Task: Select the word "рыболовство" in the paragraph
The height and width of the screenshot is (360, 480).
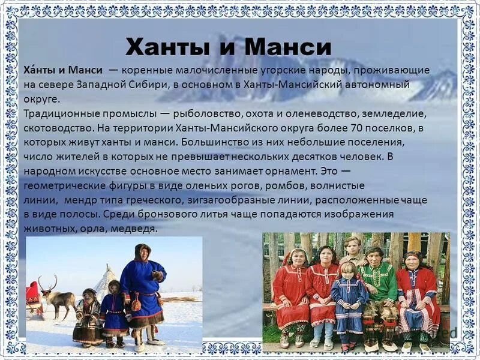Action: coord(217,113)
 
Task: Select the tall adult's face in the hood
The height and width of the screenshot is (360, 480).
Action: coord(142,253)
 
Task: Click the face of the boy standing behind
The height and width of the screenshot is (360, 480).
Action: coord(353,247)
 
